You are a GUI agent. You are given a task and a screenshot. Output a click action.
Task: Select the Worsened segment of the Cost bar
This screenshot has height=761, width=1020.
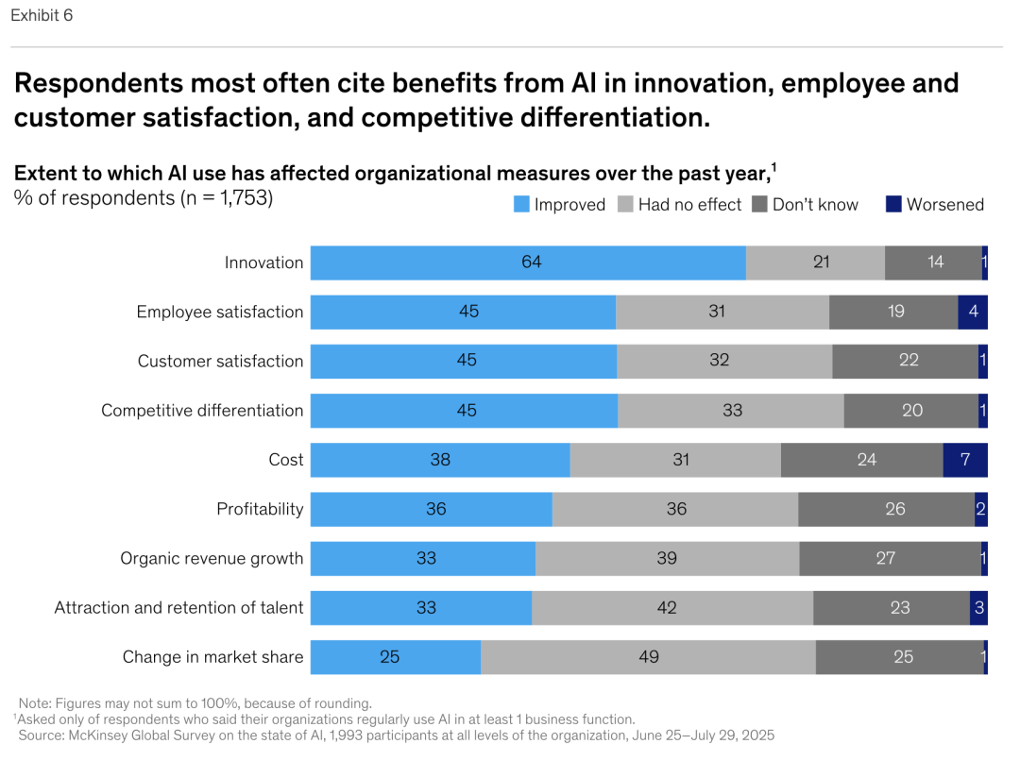(x=964, y=460)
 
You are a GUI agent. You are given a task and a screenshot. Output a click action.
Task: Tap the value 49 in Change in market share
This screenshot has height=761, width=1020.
(x=648, y=657)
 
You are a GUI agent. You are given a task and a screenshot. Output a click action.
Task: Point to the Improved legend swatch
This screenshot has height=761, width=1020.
(x=521, y=204)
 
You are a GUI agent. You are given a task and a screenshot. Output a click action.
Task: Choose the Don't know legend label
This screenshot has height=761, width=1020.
(x=815, y=204)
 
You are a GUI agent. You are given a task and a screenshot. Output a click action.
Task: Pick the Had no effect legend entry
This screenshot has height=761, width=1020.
(x=689, y=204)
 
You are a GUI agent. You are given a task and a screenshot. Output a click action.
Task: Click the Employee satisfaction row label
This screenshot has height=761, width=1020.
(x=220, y=313)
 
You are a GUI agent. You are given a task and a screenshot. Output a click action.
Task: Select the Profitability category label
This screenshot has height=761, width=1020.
(x=260, y=509)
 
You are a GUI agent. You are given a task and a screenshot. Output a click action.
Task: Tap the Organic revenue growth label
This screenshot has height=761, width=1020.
(x=212, y=558)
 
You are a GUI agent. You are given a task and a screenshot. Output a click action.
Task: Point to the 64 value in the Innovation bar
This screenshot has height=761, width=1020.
(x=532, y=262)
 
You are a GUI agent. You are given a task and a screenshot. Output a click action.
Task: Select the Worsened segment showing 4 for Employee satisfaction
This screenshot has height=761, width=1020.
(x=972, y=312)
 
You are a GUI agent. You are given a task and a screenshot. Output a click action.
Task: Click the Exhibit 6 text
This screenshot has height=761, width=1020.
(x=42, y=16)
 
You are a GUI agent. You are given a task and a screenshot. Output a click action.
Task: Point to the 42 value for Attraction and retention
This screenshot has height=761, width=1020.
(x=667, y=607)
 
